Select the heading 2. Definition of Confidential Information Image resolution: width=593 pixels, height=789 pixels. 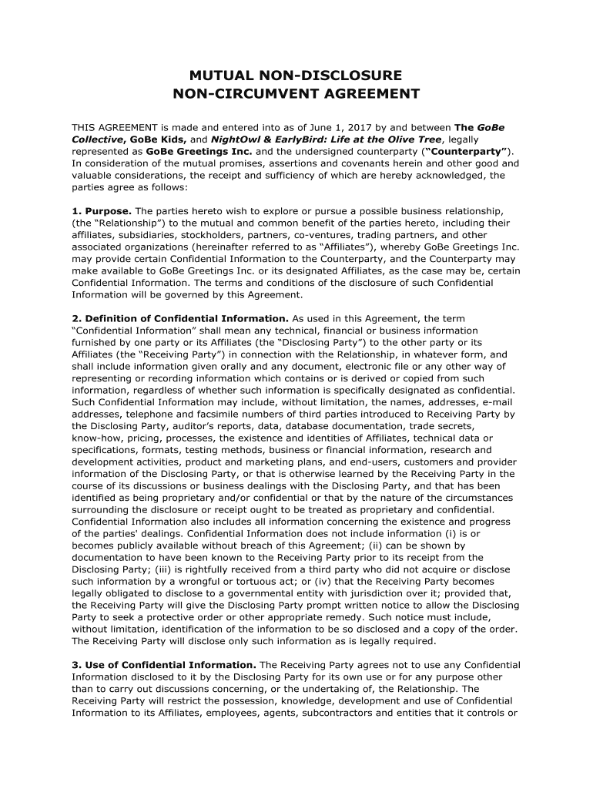(179, 318)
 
